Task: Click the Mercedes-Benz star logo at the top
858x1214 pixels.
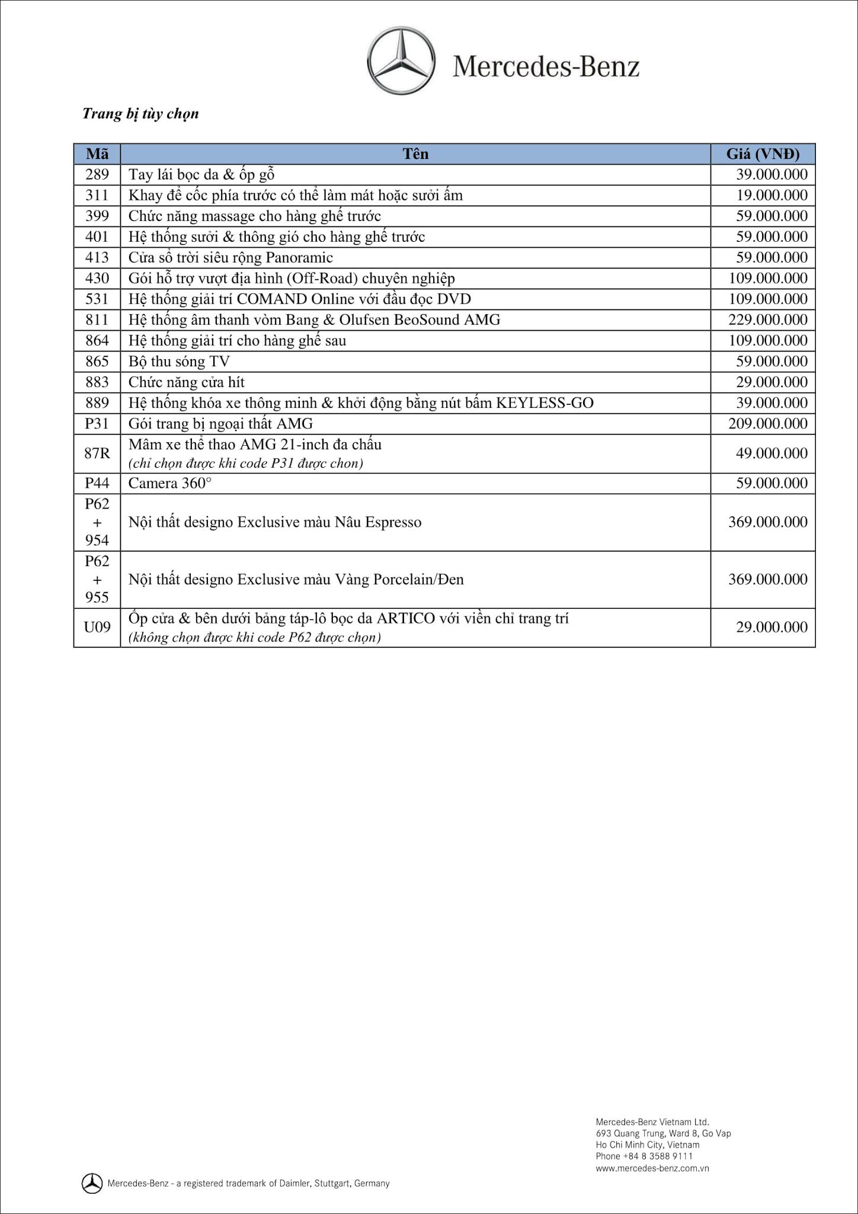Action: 401,60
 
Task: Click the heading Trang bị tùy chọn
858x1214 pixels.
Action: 140,113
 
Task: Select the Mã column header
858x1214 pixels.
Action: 97,154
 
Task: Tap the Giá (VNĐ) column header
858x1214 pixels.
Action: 763,154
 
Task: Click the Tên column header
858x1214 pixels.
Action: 415,154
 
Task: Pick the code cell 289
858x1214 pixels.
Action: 97,174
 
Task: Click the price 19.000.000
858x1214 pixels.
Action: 771,195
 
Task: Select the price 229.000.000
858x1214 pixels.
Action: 767,320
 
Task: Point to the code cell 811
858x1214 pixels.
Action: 97,320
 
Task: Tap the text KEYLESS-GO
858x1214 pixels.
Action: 545,402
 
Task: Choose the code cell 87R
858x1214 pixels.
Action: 97,453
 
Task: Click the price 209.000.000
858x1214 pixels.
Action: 767,423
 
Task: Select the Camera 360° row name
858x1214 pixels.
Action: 170,483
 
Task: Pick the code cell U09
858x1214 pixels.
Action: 97,627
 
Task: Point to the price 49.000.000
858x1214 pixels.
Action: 771,453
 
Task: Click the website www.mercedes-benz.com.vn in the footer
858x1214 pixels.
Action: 652,1168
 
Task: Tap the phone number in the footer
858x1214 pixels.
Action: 644,1156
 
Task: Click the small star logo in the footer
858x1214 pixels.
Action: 91,1183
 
